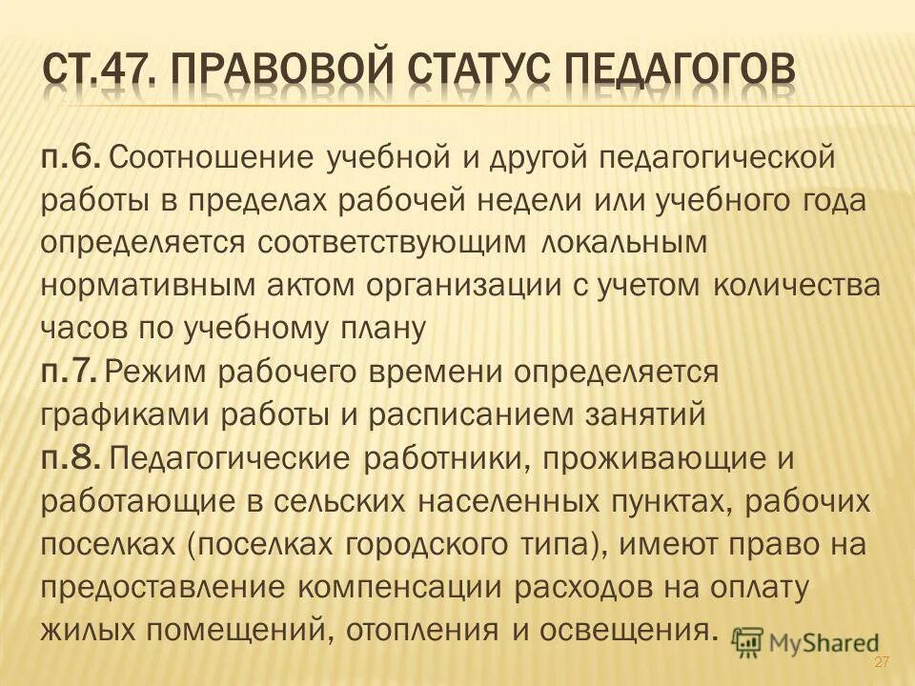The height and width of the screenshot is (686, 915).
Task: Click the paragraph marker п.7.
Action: [69, 371]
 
